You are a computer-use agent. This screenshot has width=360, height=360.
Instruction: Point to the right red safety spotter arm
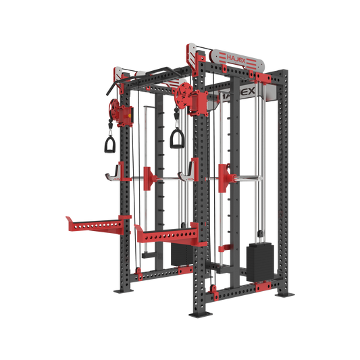point(168,234)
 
